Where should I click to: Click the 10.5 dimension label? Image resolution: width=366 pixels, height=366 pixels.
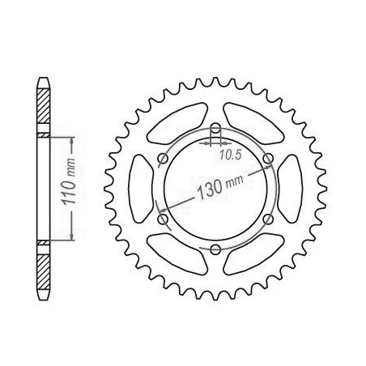[229, 155]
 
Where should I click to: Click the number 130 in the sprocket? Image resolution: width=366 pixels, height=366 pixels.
[211, 188]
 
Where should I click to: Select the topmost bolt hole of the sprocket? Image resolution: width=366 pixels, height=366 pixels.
[215, 128]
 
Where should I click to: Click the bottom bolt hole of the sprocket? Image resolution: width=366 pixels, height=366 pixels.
[215, 249]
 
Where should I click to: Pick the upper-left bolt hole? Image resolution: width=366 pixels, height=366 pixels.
[163, 159]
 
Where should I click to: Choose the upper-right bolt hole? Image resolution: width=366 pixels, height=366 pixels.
[268, 159]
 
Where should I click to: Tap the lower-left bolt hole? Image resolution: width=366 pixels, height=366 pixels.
[163, 219]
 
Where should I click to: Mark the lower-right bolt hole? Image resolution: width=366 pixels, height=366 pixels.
[268, 219]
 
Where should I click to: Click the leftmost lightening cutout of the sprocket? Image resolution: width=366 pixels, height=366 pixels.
[141, 189]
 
